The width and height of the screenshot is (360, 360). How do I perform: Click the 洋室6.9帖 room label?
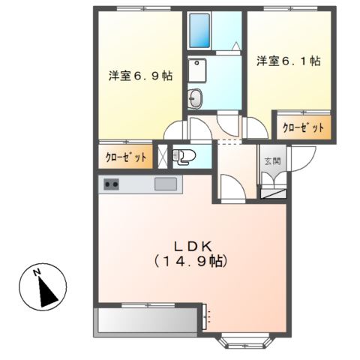[x=140, y=76]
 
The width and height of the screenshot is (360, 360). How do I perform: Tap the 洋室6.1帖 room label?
[x=288, y=61]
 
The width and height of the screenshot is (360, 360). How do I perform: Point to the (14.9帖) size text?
[x=190, y=262]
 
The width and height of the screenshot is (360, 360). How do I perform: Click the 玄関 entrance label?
[x=271, y=160]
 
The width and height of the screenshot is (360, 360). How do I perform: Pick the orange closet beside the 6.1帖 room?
[x=302, y=127]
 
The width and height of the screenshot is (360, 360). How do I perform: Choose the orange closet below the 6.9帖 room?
[x=125, y=158]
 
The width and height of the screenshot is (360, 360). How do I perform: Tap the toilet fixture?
[x=184, y=156]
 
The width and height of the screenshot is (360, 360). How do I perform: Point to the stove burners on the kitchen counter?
[x=112, y=184]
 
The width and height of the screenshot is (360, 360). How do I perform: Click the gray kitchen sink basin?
[x=166, y=184]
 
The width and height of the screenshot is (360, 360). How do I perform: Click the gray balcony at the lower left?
[x=148, y=321]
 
